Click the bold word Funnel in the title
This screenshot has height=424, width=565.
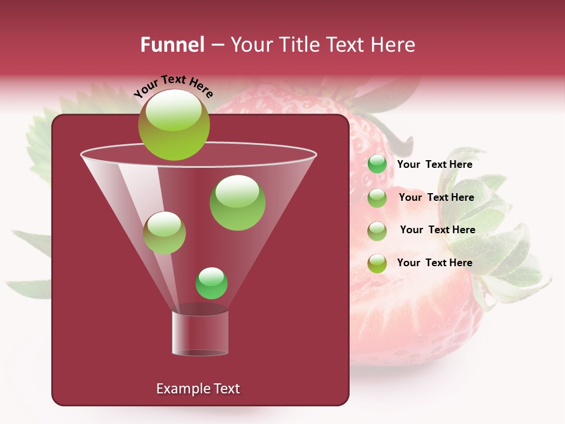click(172, 45)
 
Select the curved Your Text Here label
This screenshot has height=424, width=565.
click(173, 85)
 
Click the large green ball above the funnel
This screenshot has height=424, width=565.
click(174, 125)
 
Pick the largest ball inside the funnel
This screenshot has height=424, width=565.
click(237, 203)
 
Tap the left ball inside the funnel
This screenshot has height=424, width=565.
click(164, 233)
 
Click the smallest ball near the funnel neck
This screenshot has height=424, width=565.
click(211, 283)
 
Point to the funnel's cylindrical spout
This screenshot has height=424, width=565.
click(200, 333)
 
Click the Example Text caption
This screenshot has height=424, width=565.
click(198, 389)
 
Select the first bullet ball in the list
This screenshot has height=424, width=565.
click(377, 164)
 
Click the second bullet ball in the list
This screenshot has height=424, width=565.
click(377, 198)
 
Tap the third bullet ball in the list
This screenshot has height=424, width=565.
click(377, 231)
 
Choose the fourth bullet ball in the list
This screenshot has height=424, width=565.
click(377, 263)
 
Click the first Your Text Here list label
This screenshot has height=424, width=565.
click(434, 165)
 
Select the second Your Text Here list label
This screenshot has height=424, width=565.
click(436, 198)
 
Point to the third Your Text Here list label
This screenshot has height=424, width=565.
click(437, 230)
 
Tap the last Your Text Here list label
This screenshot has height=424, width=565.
click(434, 263)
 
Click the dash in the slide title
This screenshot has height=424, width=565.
click(217, 45)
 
